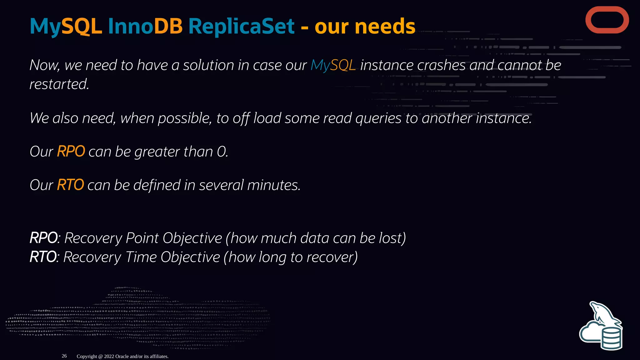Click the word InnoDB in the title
click(x=145, y=26)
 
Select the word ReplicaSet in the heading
click(x=241, y=26)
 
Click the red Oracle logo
click(x=607, y=20)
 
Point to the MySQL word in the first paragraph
click(x=333, y=65)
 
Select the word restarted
click(x=59, y=84)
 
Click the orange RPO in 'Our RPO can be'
click(x=71, y=152)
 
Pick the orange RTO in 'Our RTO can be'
click(x=70, y=185)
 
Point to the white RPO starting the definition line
click(x=44, y=238)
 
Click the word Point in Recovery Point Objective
click(x=142, y=238)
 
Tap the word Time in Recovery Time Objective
click(x=141, y=257)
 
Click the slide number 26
click(x=64, y=356)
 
